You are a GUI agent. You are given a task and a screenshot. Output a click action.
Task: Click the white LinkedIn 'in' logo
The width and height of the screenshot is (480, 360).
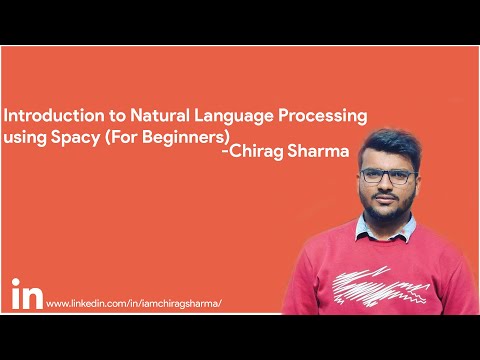click(x=26, y=296)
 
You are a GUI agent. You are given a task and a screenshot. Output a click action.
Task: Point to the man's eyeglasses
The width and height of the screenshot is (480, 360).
click(x=387, y=177)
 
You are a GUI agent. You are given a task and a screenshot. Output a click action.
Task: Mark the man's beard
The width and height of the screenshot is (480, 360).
click(x=389, y=211)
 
